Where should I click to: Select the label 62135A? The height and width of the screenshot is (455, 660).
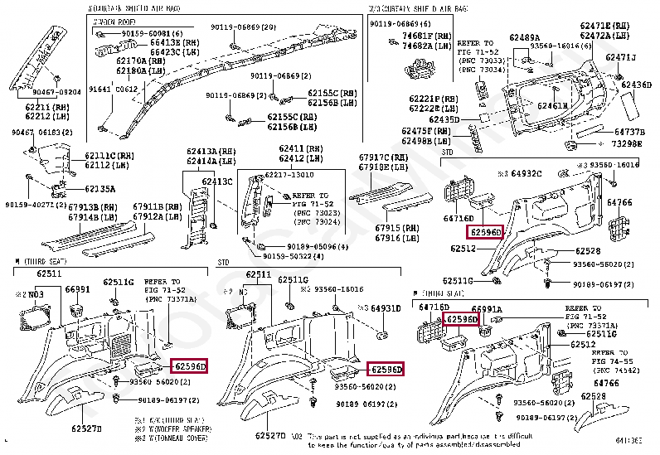[98, 189]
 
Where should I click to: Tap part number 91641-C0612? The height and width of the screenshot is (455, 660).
[114, 89]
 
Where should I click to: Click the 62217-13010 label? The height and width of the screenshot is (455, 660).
[290, 175]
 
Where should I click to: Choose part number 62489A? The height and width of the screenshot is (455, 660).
[524, 37]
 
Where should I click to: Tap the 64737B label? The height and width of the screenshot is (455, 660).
[629, 132]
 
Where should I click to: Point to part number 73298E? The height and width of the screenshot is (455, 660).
[627, 143]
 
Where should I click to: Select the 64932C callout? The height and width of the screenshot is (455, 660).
[525, 174]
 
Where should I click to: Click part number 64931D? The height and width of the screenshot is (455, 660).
[385, 308]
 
